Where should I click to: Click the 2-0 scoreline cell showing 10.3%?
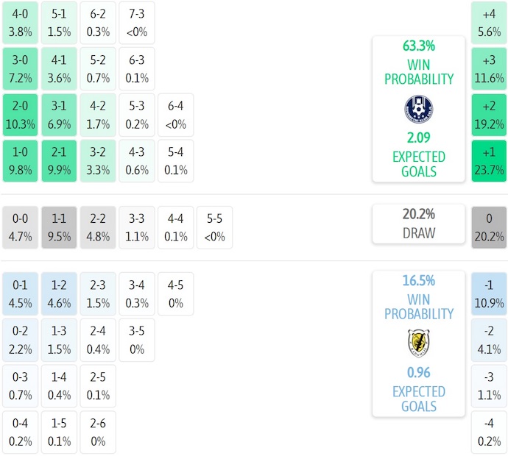point(20,115)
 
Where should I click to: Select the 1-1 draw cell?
point(58,228)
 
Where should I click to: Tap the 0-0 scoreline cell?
point(20,228)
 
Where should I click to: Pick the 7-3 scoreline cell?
point(136,24)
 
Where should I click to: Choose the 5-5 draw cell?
point(214,228)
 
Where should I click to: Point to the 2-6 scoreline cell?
point(97,432)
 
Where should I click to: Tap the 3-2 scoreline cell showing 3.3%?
point(97,161)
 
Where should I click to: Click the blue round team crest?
point(419,108)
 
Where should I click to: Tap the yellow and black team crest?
point(419,342)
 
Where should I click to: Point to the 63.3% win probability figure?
point(419,46)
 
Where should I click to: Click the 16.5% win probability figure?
point(419,280)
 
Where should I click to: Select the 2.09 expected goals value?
point(419,138)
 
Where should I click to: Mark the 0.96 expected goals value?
point(419,372)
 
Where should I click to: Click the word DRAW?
point(419,233)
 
